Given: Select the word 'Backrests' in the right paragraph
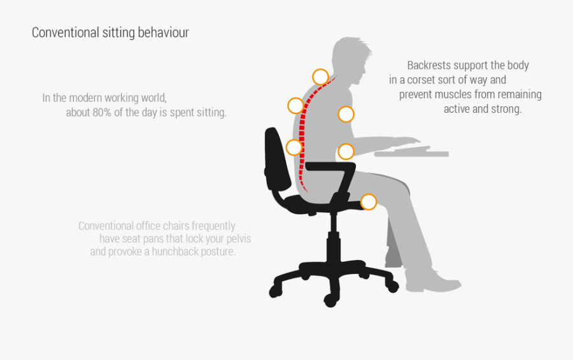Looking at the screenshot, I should point(429,65).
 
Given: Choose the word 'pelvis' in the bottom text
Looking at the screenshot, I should point(237,239).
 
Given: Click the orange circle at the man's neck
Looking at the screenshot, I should point(320,77).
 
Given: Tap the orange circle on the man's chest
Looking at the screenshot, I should point(346,114).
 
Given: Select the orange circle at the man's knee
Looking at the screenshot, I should point(369,202).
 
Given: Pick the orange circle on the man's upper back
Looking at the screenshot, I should point(295,105).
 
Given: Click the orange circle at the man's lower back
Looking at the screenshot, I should point(294,147).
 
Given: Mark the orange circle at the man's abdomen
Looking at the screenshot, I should point(346,151).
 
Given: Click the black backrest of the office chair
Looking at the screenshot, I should point(278,159).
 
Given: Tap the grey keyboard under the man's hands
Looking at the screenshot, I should point(411,154).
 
